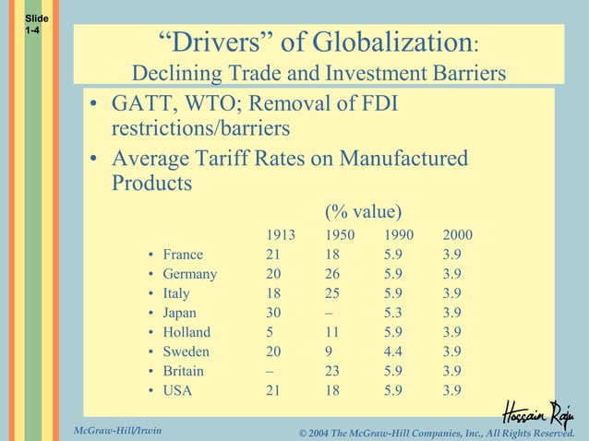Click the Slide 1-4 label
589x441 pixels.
coord(32,25)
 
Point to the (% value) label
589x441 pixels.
coord(363,210)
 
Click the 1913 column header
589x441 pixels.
coord(281,235)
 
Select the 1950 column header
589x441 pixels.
coord(340,235)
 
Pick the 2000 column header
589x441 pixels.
coord(457,235)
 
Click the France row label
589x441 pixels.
coord(183,255)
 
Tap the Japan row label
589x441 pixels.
coord(180,313)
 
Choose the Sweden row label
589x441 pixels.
coord(186,352)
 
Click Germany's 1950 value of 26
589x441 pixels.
coord(332,274)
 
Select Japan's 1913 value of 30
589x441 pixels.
coord(273,313)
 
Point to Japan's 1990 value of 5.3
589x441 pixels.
coord(393,313)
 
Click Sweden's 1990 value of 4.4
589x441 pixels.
coord(393,352)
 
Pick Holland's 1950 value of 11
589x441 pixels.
coord(332,332)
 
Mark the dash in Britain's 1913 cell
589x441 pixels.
coord(270,371)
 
